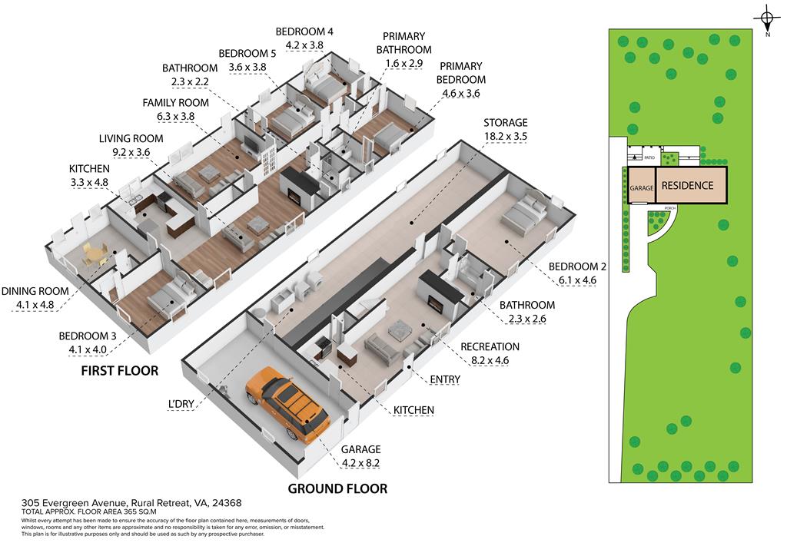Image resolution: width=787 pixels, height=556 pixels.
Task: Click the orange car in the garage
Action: tap(288, 404)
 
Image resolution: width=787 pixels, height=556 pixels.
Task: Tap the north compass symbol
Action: tap(767, 18)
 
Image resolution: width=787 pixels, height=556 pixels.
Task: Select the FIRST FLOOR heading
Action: tap(119, 371)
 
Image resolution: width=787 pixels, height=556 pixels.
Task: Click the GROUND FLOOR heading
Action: tap(337, 488)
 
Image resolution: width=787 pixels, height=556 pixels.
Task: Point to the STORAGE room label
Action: tap(505, 123)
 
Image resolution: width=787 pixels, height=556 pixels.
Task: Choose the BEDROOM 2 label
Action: tap(577, 266)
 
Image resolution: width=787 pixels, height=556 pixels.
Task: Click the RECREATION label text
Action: tap(490, 346)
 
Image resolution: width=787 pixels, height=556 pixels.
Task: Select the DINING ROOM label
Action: tap(35, 291)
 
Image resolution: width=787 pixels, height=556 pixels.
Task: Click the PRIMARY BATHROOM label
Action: tap(403, 43)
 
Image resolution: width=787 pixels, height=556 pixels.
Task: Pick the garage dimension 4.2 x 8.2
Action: tap(360, 462)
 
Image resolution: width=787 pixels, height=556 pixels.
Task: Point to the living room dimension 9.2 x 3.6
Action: tap(131, 151)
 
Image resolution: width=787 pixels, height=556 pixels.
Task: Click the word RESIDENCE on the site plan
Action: tap(687, 185)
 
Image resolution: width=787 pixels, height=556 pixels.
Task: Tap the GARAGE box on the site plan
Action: tap(641, 188)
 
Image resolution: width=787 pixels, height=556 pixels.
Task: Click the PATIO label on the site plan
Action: tap(649, 157)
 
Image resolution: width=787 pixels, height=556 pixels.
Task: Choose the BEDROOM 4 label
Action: tap(304, 31)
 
